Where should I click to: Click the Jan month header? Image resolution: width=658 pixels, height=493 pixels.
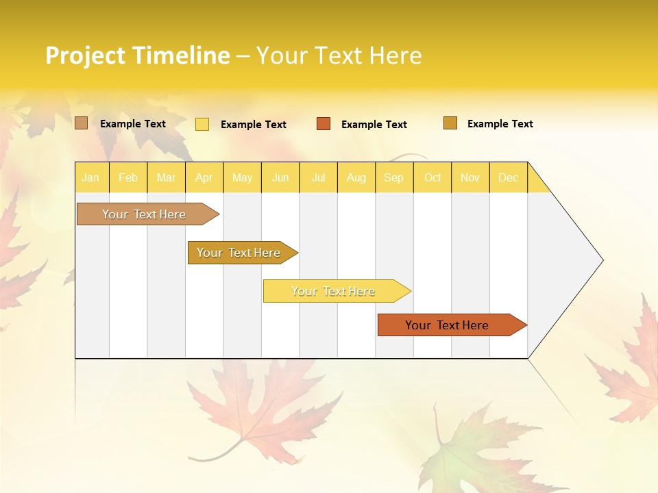pos(90,177)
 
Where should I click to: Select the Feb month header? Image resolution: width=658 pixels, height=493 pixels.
pos(128,177)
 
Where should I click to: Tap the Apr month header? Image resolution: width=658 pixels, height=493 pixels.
pos(204,177)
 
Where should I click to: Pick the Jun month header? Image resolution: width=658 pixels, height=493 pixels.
pos(280,177)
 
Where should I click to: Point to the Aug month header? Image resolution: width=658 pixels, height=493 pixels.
pos(356,177)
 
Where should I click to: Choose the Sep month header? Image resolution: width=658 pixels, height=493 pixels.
pos(393,177)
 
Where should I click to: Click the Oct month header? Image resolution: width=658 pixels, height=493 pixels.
pos(432,177)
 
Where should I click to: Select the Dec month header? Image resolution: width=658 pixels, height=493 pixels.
pos(508,177)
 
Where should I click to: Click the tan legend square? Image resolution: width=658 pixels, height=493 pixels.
pos(82,123)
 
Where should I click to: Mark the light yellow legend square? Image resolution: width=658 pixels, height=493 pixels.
pos(202,124)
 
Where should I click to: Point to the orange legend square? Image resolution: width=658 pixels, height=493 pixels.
pos(324,124)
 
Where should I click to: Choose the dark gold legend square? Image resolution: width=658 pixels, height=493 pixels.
pos(450,123)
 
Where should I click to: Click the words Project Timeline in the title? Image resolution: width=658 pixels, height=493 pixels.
pos(137,55)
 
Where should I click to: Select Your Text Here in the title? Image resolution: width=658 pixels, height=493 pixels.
pos(339,55)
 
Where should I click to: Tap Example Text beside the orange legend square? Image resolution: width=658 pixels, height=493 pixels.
pos(374,125)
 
